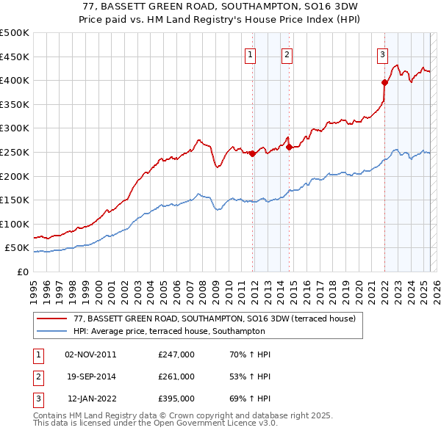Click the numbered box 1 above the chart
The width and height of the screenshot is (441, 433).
(x=251, y=54)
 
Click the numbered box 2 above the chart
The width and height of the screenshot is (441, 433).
(x=287, y=54)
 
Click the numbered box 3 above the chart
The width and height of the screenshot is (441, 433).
(x=383, y=54)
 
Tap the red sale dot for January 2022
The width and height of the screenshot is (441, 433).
(x=384, y=82)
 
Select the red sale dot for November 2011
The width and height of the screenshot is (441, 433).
(x=252, y=153)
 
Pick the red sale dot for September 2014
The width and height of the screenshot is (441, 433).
(x=289, y=147)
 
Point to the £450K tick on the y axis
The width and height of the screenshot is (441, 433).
(x=15, y=57)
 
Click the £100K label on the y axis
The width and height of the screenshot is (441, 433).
(x=15, y=224)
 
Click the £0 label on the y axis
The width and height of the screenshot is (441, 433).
(x=23, y=272)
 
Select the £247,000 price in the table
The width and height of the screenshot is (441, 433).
(x=176, y=354)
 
